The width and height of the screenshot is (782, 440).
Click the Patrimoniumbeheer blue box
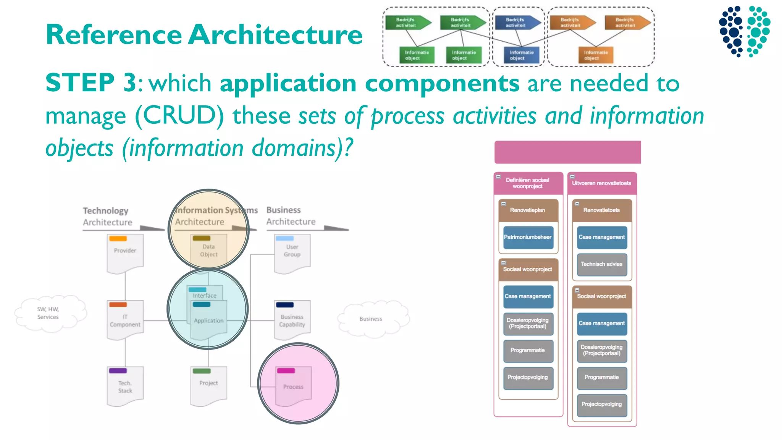528,237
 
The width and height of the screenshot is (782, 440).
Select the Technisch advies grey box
602,264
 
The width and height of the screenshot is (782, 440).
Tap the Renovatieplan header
528,210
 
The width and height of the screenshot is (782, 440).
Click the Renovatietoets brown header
602,210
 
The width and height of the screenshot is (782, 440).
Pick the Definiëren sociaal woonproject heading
528,183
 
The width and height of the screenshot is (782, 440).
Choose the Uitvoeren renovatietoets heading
602,183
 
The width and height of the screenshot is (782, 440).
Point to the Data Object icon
208,250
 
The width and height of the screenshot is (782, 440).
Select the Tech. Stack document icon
125,386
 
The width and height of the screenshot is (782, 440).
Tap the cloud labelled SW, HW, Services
48,313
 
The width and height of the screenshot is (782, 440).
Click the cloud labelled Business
371,319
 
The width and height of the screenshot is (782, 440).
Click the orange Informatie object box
595,55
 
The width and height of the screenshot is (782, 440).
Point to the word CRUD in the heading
179,116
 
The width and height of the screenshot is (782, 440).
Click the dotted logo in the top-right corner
745,31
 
